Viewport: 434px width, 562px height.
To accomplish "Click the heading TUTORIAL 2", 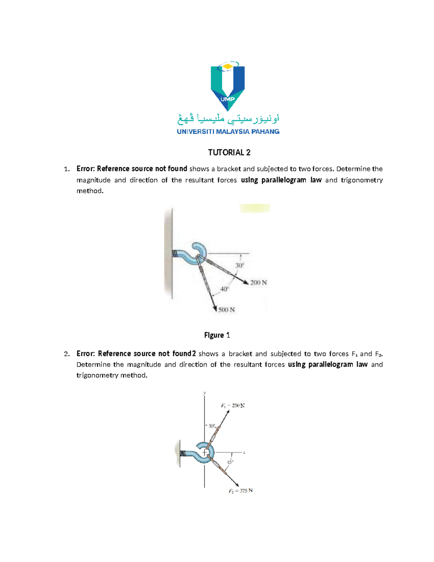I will [x=229, y=152].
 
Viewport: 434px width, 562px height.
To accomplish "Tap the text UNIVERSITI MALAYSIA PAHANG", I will [x=228, y=132].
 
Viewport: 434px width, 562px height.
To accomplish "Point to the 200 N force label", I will [x=258, y=283].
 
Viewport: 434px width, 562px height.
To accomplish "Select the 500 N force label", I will [x=226, y=310].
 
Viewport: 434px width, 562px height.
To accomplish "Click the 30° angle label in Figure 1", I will [x=240, y=266].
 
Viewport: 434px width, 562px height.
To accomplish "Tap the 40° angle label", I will [x=225, y=289].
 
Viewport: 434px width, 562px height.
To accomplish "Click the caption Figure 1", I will [x=217, y=335].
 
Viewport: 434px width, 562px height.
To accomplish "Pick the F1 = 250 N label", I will [x=233, y=406].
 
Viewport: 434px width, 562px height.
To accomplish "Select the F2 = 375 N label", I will [x=240, y=491].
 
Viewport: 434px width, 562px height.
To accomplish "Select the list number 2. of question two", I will [x=67, y=354].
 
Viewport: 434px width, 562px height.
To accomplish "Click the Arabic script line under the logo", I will [x=228, y=118].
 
